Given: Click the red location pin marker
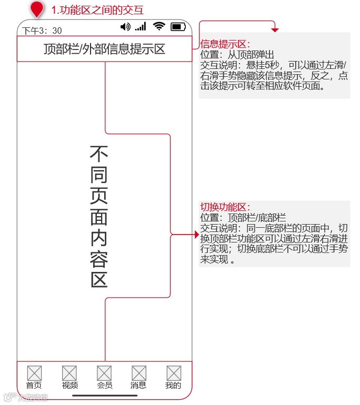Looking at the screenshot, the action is click(37, 9).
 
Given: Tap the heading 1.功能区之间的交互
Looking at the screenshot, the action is click(97, 10).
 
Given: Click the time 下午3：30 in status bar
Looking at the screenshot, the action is click(42, 31).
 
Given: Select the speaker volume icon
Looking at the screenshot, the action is click(125, 27).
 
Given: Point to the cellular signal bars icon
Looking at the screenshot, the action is click(141, 27).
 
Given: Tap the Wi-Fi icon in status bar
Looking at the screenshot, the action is click(159, 26).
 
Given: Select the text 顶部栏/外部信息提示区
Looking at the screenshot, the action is click(104, 49).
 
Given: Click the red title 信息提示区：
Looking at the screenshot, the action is click(225, 44).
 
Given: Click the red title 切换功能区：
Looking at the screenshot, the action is click(225, 207).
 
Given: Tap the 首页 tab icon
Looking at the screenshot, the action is click(34, 373).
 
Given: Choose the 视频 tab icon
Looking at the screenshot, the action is click(69, 373).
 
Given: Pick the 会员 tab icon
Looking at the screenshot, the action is click(104, 373).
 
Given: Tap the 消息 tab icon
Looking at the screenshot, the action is click(139, 373).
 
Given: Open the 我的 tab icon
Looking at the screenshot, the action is click(174, 373).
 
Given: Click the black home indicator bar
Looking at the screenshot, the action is click(105, 396).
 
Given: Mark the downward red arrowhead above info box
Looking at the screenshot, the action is click(275, 30).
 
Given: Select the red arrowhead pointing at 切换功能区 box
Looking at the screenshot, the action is click(197, 234).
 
